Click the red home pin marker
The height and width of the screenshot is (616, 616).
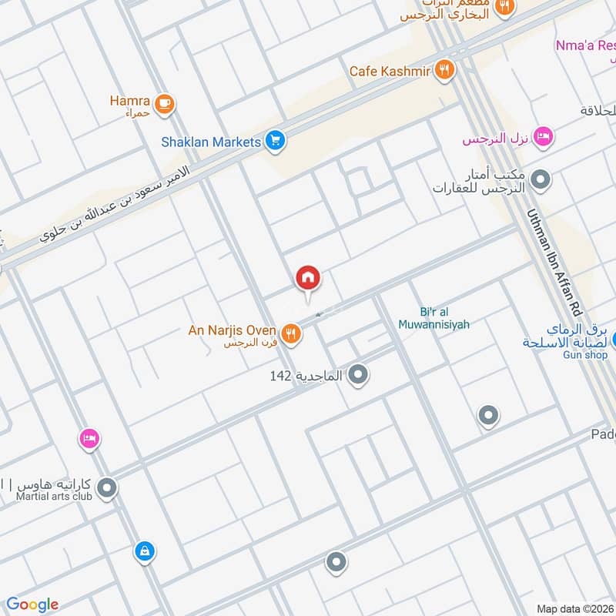(x=308, y=278)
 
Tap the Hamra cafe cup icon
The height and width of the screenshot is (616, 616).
(x=163, y=104)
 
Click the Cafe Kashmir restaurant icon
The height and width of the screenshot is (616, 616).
(x=444, y=71)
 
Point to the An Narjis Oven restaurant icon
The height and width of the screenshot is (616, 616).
(x=291, y=334)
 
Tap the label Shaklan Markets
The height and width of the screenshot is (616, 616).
(x=210, y=142)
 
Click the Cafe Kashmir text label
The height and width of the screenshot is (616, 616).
(x=389, y=71)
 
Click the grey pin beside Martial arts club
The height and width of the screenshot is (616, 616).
(x=108, y=488)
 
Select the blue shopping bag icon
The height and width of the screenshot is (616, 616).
(x=144, y=551)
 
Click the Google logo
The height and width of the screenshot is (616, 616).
(x=32, y=604)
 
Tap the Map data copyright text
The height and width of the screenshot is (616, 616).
(x=574, y=608)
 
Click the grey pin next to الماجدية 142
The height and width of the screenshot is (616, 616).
(x=357, y=376)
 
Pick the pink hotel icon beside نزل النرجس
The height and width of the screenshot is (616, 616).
(x=543, y=137)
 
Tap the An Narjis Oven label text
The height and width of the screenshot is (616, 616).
(x=232, y=330)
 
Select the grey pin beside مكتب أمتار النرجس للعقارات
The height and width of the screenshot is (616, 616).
(x=542, y=180)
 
